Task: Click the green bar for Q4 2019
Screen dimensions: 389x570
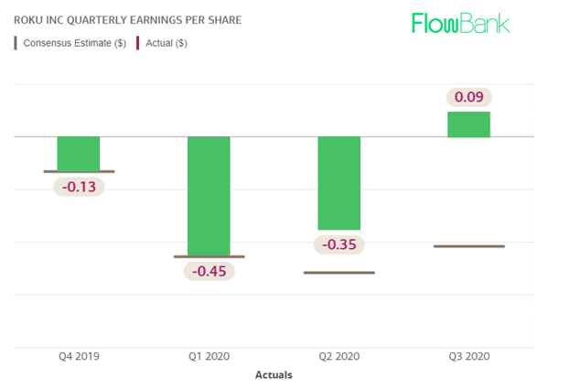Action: [79, 154]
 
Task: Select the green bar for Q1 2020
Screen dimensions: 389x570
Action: [210, 196]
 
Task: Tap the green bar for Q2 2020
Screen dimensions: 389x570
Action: [339, 183]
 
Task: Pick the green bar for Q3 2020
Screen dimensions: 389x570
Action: [468, 124]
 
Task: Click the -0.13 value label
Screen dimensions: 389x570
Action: [79, 187]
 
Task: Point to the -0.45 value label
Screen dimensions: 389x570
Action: [210, 271]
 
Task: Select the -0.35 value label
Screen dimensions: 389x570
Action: [339, 244]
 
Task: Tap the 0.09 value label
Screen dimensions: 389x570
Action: [468, 96]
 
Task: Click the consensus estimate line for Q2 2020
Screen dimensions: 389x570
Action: [339, 272]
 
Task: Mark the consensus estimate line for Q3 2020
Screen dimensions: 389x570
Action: [468, 246]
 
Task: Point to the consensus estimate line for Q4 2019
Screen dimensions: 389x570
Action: [79, 171]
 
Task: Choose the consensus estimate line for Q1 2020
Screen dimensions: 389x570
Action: [210, 257]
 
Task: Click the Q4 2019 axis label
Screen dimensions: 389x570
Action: [79, 357]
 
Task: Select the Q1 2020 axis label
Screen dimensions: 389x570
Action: [210, 357]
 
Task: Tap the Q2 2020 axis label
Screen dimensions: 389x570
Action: [339, 357]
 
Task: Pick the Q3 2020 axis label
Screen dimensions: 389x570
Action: [468, 357]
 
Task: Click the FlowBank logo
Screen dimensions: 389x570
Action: [460, 23]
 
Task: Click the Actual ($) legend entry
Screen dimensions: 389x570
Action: [162, 43]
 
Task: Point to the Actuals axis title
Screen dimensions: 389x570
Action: [274, 374]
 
